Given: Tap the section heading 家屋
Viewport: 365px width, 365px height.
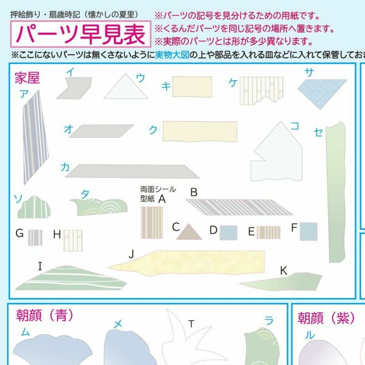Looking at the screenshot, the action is pos(27,78).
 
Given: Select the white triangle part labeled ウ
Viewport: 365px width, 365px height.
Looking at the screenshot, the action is pos(126,87).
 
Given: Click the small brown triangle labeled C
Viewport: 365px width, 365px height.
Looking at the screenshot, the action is pos(189,232).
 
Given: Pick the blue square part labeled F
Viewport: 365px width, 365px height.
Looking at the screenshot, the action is pos(308,231).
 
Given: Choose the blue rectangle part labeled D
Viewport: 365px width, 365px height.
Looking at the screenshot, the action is pos(229,233).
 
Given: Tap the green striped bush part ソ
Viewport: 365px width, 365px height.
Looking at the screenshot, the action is pos(34,208).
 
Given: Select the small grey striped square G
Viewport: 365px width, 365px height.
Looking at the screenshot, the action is pos(35,238).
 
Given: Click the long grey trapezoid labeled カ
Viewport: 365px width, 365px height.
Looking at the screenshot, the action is pos(132,172).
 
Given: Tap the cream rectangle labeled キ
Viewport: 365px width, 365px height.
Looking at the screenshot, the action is pos(192,87).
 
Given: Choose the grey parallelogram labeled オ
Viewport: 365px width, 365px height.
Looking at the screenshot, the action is pos(101,131).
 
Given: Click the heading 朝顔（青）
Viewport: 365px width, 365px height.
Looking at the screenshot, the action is pos(45,315).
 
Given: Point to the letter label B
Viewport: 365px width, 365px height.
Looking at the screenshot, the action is pos(193,193).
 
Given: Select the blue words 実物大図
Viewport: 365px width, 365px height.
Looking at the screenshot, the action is pos(172,55).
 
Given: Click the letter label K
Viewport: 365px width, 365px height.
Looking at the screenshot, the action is pos(283,271).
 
